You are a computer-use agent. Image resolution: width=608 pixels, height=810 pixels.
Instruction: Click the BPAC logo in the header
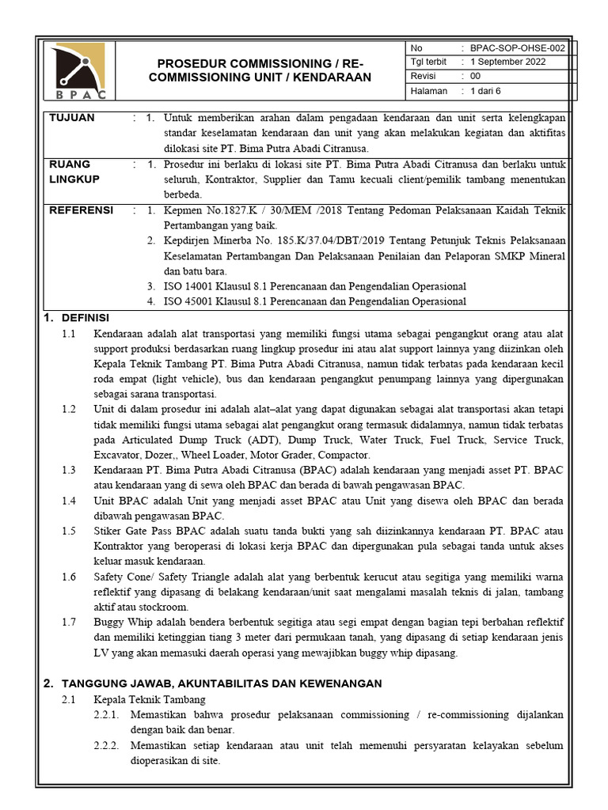77,71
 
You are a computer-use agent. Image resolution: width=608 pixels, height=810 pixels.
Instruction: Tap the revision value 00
475,77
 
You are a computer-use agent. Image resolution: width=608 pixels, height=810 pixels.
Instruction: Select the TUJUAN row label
72,118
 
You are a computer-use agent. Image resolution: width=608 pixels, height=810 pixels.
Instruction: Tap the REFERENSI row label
82,210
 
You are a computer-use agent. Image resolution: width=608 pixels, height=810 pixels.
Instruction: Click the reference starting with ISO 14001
314,286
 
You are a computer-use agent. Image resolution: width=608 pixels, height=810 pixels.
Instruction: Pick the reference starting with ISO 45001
314,301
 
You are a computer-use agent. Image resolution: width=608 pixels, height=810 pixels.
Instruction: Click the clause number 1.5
69,531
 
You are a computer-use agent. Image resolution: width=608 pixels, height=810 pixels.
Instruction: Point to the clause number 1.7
69,622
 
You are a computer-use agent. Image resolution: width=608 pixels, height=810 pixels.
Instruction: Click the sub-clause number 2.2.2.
107,744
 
